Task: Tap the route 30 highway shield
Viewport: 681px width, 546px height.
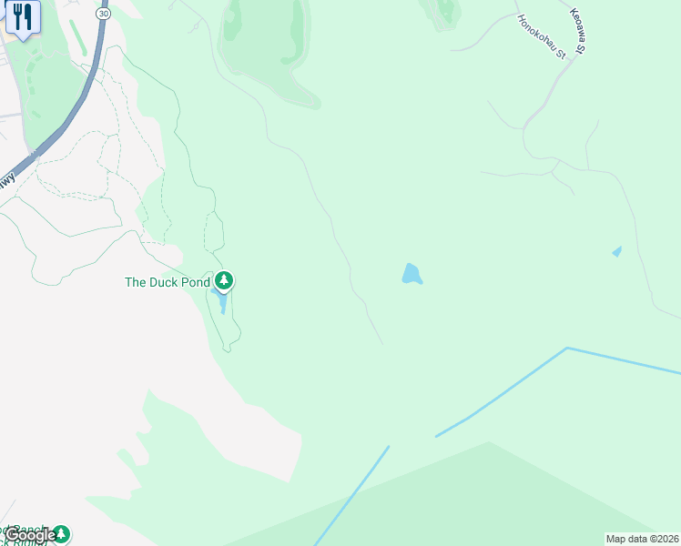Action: (103, 15)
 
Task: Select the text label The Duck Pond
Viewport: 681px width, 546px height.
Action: (168, 282)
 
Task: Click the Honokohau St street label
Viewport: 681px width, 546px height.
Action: (542, 36)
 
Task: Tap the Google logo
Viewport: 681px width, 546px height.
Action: (30, 535)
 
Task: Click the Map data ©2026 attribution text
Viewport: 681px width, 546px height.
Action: (643, 539)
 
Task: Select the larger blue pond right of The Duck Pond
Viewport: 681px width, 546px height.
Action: (412, 274)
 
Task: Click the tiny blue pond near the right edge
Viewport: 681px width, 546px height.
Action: (617, 251)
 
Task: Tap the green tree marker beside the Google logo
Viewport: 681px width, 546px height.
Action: (61, 534)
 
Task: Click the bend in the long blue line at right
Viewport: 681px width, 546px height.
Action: (566, 348)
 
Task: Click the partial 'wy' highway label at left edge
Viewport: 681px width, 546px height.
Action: (7, 182)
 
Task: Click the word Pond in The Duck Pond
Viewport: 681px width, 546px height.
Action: (193, 282)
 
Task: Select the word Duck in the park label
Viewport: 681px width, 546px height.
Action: (164, 282)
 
